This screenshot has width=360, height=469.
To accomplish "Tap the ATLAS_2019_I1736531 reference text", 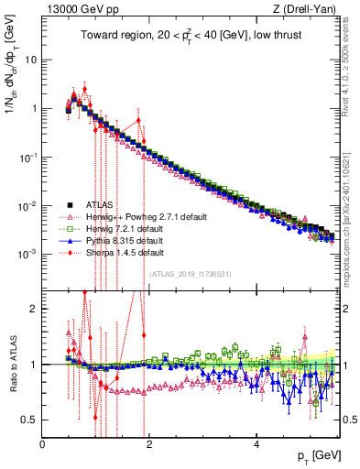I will pyautogui.click(x=191, y=273).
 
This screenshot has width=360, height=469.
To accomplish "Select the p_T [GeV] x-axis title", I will pyautogui.click(x=313, y=455).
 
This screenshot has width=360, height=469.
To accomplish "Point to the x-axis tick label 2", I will pyautogui.click(x=150, y=444).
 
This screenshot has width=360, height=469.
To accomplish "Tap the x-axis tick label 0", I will pyautogui.click(x=43, y=444).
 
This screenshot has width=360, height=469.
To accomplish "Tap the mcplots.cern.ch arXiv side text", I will pyautogui.click(x=349, y=183).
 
